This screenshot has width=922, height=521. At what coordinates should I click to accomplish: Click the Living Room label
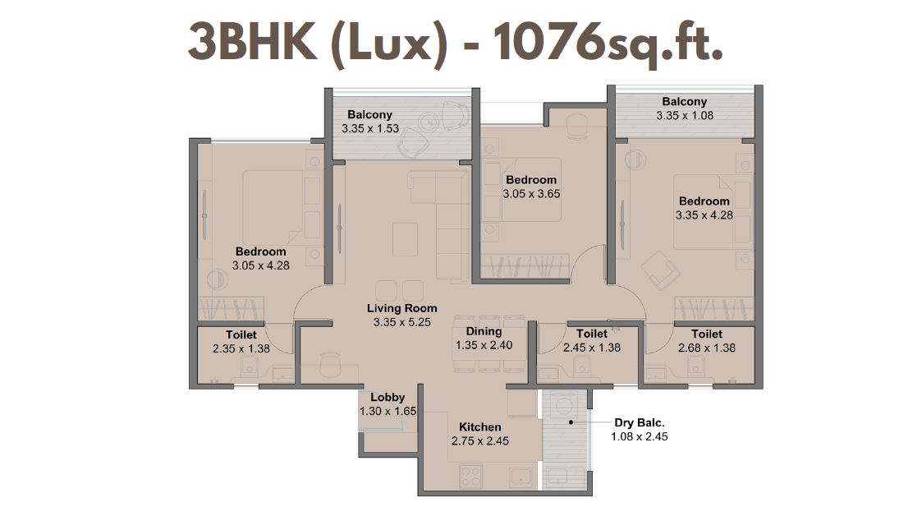click(x=402, y=308)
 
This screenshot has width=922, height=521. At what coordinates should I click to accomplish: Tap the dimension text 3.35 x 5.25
click(x=402, y=322)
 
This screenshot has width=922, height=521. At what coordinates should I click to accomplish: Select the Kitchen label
click(x=479, y=426)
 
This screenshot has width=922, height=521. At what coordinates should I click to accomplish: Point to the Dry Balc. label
click(x=640, y=422)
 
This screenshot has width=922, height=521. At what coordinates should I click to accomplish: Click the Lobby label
click(x=388, y=398)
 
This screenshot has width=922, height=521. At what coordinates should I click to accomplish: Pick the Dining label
click(x=484, y=331)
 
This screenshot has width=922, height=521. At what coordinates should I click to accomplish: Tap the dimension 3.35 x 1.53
click(x=369, y=128)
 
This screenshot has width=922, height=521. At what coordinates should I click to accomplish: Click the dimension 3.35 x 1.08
click(x=685, y=115)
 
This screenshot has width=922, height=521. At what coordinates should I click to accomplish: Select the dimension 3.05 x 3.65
click(x=531, y=194)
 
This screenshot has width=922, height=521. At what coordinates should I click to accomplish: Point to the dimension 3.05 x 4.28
click(x=260, y=265)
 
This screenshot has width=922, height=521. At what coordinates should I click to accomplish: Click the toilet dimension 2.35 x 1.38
click(x=241, y=348)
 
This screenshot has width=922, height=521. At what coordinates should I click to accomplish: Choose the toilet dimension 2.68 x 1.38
click(x=707, y=348)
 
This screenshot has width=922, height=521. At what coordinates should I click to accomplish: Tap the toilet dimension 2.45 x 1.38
click(x=591, y=348)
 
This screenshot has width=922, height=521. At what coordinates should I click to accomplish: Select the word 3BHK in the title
click(x=253, y=43)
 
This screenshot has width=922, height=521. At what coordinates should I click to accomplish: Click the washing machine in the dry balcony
click(x=565, y=407)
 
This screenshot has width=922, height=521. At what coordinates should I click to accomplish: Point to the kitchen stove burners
click(x=471, y=477)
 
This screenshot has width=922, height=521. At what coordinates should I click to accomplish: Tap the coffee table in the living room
click(x=405, y=239)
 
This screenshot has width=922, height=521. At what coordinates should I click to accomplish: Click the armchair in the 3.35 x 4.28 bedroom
click(x=660, y=270)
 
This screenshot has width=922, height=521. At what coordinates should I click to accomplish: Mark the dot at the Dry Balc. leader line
click(x=570, y=422)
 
